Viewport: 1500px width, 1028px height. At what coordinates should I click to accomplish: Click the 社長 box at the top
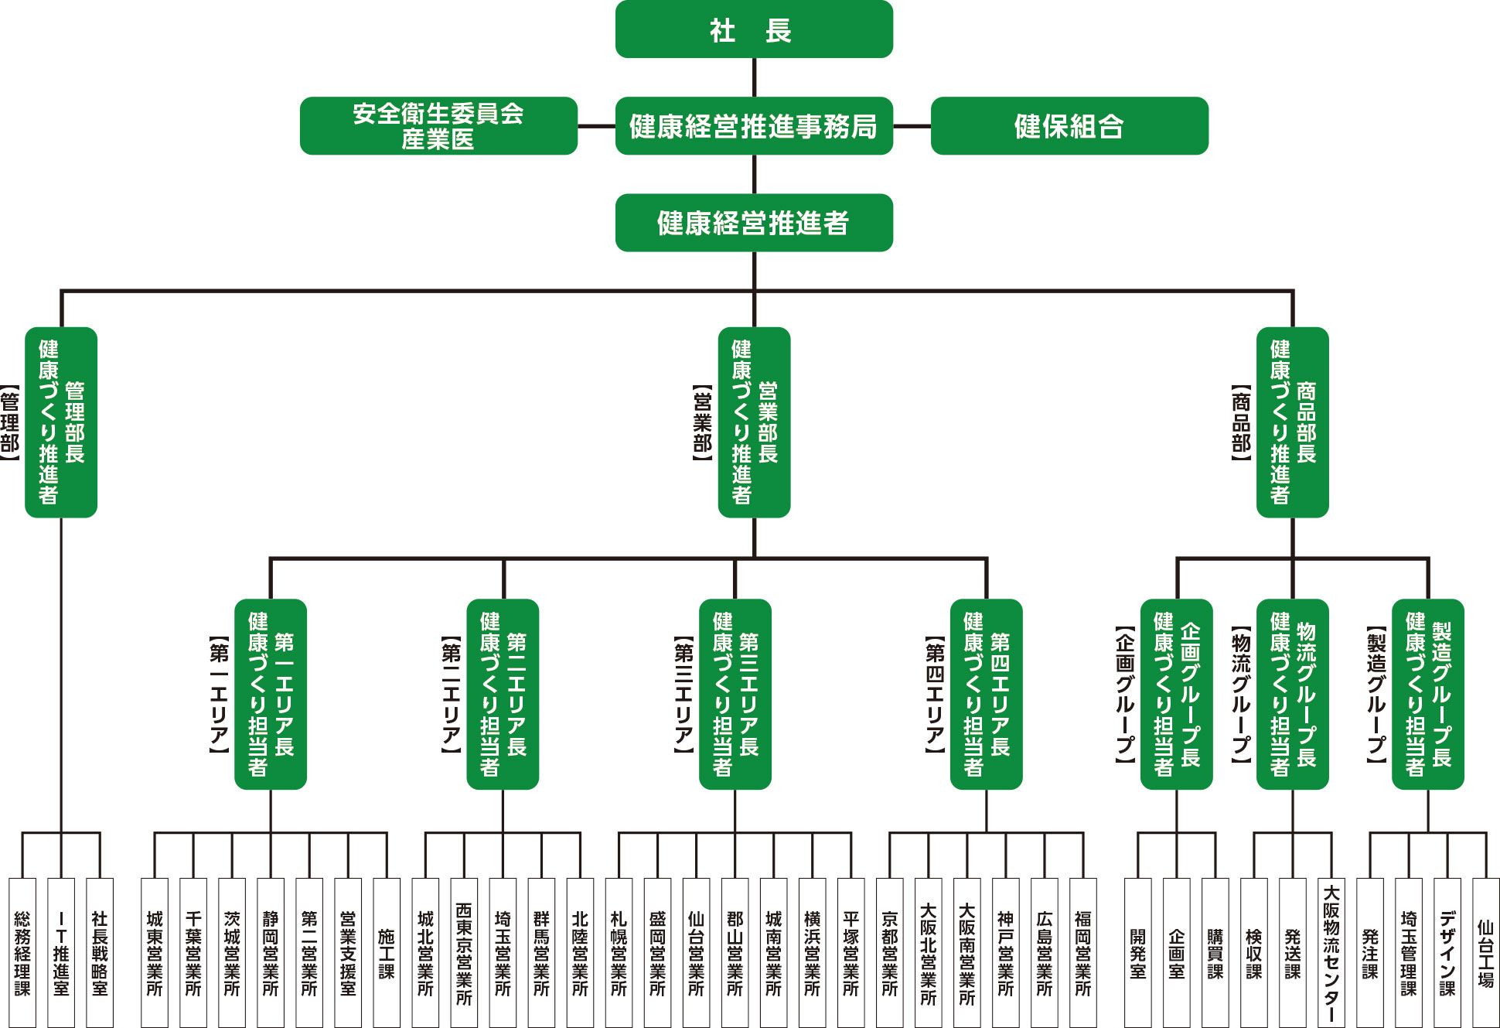coord(754,29)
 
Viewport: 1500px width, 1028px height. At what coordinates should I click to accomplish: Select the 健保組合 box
coord(1069,126)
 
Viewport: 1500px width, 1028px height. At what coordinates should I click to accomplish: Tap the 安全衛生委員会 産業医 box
coord(438,126)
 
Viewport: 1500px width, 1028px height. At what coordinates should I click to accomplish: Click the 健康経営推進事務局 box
coord(754,126)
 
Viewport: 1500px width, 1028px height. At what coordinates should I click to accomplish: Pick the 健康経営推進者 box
coord(754,223)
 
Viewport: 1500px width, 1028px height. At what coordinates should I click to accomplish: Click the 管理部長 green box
coord(61,422)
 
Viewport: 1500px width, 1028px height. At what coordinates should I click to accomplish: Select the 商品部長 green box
coord(1292,422)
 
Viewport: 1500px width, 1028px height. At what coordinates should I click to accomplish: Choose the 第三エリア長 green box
coord(735,694)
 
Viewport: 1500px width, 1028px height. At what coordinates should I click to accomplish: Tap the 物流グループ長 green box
coord(1292,694)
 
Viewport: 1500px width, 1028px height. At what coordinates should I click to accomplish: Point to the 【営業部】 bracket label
coord(702,422)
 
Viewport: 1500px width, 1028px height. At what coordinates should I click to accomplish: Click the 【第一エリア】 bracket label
coord(219,694)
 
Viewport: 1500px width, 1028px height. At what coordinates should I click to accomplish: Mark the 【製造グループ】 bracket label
coord(1376,694)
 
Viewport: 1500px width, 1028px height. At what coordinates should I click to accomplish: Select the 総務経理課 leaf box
coord(22,952)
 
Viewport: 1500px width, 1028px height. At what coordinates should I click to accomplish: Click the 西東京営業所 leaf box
coord(464,952)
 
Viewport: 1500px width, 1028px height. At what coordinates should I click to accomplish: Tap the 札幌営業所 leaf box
coord(619,952)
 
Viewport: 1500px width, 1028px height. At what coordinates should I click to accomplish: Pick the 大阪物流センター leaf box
coord(1331,952)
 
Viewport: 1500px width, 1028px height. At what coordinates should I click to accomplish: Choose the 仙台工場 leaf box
coord(1485,952)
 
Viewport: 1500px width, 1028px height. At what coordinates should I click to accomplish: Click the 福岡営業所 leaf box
coord(1082,952)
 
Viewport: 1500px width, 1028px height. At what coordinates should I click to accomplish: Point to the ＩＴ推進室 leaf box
coord(61,952)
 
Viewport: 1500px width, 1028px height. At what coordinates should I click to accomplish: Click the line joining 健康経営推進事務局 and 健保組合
coord(912,126)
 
